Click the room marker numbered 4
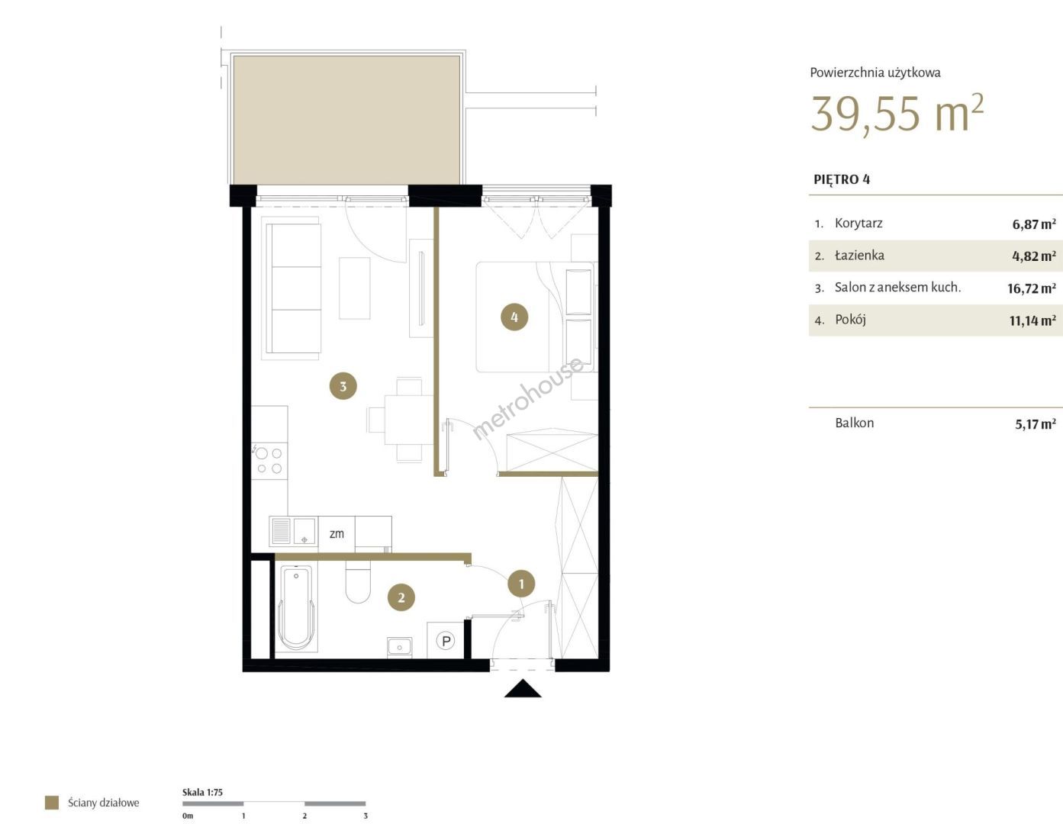[514, 317]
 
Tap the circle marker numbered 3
[343, 386]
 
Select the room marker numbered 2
[401, 597]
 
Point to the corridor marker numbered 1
[521, 584]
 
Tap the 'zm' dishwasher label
[337, 533]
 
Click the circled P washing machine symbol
[446, 640]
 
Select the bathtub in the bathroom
[296, 607]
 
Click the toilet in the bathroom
[358, 581]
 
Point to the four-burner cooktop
[269, 460]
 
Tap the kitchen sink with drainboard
[294, 530]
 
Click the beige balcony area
[346, 120]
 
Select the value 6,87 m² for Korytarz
[1034, 224]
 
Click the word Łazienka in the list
[859, 256]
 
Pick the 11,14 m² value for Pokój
[1032, 320]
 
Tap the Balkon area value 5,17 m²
[1035, 423]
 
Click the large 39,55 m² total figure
[897, 114]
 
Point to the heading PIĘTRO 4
[842, 179]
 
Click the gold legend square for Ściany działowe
[52, 803]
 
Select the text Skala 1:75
[202, 792]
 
